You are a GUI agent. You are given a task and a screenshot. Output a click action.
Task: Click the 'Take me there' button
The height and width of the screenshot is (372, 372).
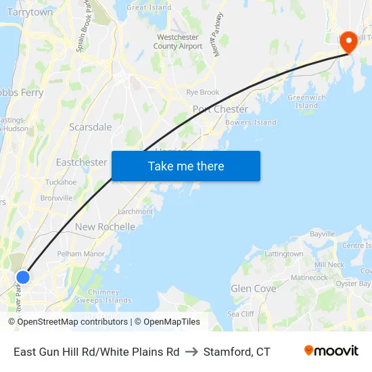click(186, 166)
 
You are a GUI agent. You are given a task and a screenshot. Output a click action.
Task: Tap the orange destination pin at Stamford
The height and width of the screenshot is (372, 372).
click(349, 43)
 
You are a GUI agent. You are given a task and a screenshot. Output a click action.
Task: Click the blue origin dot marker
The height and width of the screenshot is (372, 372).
click(23, 277)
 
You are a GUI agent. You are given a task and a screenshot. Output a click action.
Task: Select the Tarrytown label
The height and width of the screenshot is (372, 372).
click(30, 12)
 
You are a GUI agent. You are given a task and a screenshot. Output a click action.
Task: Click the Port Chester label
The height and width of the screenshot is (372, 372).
click(220, 109)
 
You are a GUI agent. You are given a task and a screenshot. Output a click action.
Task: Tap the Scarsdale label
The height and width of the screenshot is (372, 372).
click(91, 126)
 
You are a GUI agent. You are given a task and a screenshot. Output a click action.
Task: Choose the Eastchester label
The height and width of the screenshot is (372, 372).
click(81, 162)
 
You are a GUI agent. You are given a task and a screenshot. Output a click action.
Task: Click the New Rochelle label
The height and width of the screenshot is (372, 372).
click(105, 227)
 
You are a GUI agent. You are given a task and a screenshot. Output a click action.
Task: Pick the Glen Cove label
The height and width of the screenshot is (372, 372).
click(254, 288)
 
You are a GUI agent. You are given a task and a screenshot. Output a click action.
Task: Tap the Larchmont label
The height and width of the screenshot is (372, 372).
click(135, 212)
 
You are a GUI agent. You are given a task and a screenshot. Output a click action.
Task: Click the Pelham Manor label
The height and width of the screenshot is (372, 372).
click(81, 254)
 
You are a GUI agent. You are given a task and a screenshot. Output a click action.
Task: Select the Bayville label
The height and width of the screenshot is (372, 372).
click(322, 234)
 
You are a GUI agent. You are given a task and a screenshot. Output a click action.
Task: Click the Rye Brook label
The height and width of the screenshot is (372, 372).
click(203, 92)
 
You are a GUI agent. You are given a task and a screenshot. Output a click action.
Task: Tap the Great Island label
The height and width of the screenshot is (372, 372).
click(149, 7)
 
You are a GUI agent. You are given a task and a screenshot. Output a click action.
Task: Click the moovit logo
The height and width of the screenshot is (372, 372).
click(331, 351)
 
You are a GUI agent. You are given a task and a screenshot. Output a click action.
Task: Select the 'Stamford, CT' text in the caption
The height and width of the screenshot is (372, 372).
click(237, 352)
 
